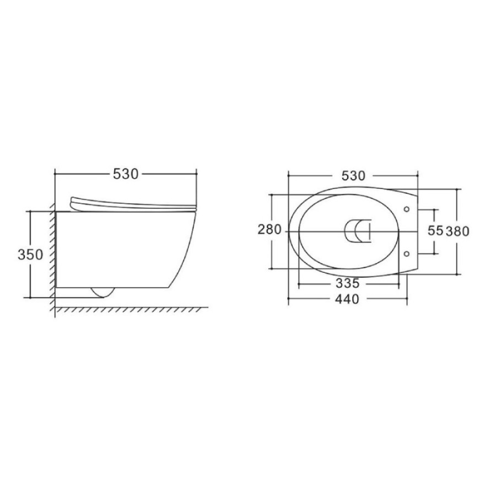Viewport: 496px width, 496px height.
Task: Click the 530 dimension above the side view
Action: point(126,174)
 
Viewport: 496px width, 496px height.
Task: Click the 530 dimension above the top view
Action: point(353,176)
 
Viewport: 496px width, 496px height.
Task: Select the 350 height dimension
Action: point(30,254)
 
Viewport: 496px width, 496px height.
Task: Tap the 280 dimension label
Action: point(269,229)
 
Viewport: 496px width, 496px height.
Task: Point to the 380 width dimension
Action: point(457,231)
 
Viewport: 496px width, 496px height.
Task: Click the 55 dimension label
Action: point(435,230)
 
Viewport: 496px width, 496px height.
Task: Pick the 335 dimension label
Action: point(348,283)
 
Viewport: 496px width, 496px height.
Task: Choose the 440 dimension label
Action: point(347,299)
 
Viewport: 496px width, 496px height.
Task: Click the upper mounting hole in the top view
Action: point(407,209)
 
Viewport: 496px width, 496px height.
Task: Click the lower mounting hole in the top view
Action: point(407,254)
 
